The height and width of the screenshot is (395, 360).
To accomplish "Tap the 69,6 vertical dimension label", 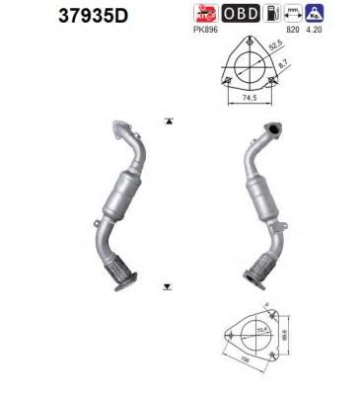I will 284,339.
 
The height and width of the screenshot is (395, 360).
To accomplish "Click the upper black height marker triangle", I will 169,121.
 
